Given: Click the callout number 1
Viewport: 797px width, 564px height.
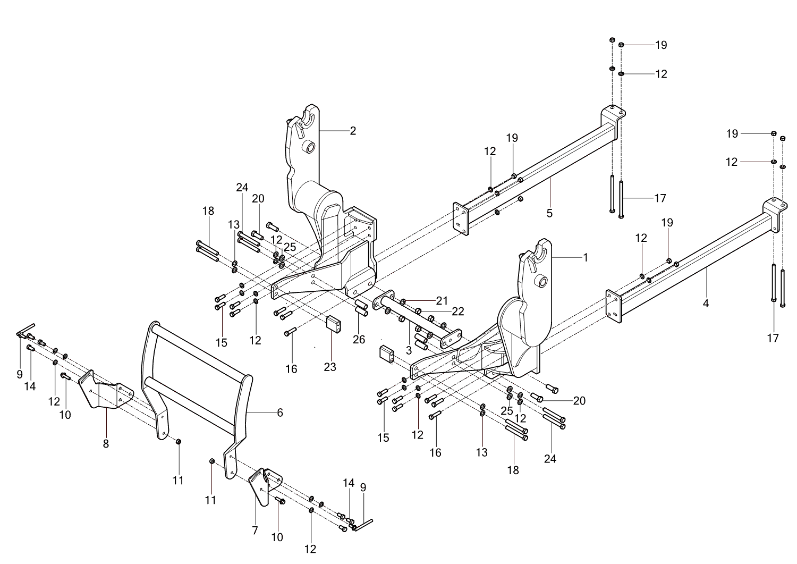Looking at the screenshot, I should [586, 258].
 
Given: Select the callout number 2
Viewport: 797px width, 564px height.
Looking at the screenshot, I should [353, 130].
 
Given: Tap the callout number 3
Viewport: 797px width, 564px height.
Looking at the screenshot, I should [409, 350].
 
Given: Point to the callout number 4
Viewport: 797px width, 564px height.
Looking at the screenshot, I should [706, 304].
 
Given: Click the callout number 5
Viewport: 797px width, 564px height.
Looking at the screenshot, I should [549, 213].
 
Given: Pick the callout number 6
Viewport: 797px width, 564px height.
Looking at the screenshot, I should [280, 413].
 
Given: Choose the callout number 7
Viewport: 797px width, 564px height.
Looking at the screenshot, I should [255, 530].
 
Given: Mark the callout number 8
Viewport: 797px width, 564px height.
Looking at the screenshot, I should [106, 443].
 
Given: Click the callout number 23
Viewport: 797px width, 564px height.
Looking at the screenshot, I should [330, 367].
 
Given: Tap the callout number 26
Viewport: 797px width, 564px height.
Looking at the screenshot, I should [359, 339].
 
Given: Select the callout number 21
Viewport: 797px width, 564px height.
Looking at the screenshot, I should [442, 301].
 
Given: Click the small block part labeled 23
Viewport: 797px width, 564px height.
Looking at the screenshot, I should [333, 323].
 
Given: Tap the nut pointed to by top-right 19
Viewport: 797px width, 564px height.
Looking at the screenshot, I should [621, 45].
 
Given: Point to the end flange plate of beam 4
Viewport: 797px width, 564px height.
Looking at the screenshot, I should [613, 307].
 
